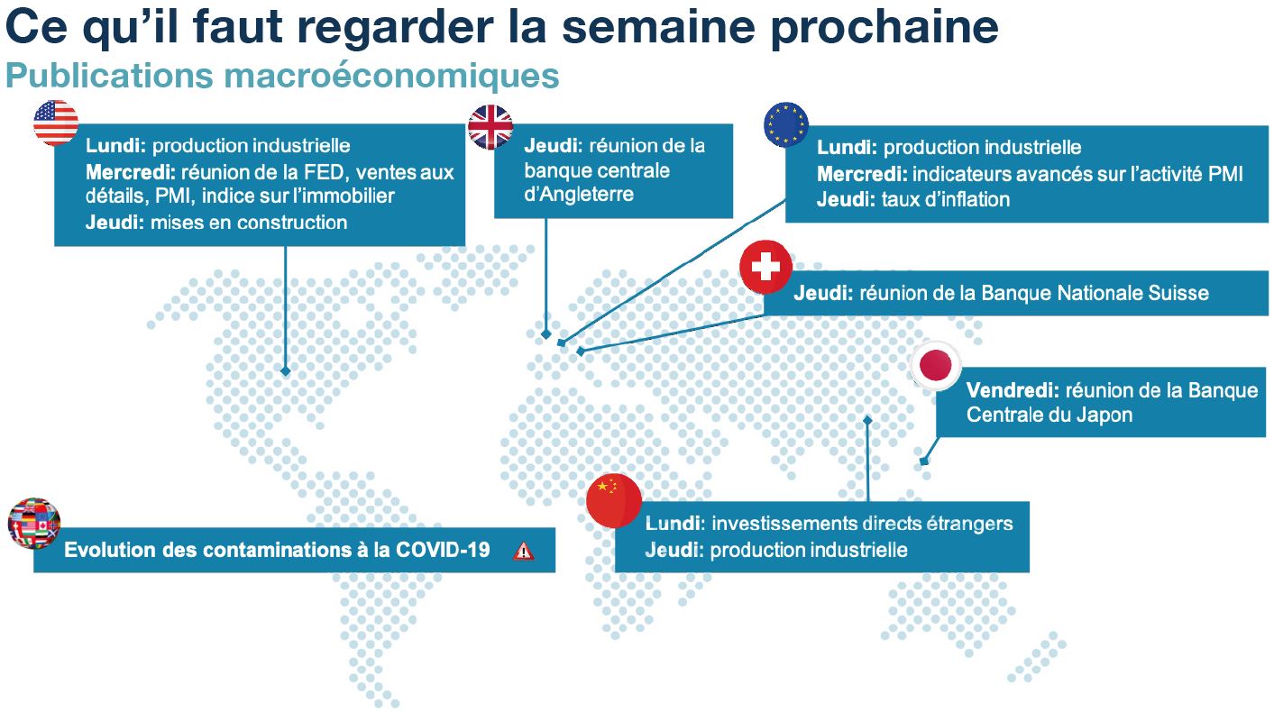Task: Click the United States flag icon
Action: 55,123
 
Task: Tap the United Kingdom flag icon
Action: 490,127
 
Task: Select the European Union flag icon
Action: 786,125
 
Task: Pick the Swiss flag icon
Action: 765,267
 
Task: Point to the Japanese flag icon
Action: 936,365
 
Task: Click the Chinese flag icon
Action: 614,500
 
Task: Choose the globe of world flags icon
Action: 34,524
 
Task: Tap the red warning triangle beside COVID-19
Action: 523,551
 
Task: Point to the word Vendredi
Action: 1013,390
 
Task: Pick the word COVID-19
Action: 443,550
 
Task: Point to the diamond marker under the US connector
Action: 286,370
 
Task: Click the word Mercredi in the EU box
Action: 862,174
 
